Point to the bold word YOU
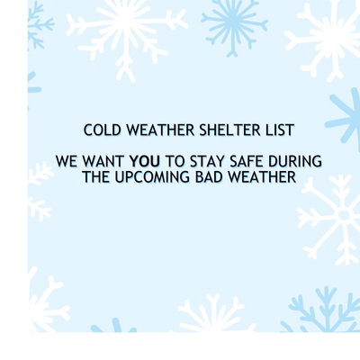[144, 161]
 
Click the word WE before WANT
[67, 161]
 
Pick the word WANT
[103, 161]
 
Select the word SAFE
[247, 161]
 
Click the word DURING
[295, 161]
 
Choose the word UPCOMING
[152, 177]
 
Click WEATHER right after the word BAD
[262, 177]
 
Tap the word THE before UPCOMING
[96, 177]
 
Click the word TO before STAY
[175, 161]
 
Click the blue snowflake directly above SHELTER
[234, 24]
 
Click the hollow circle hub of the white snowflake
[344, 215]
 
